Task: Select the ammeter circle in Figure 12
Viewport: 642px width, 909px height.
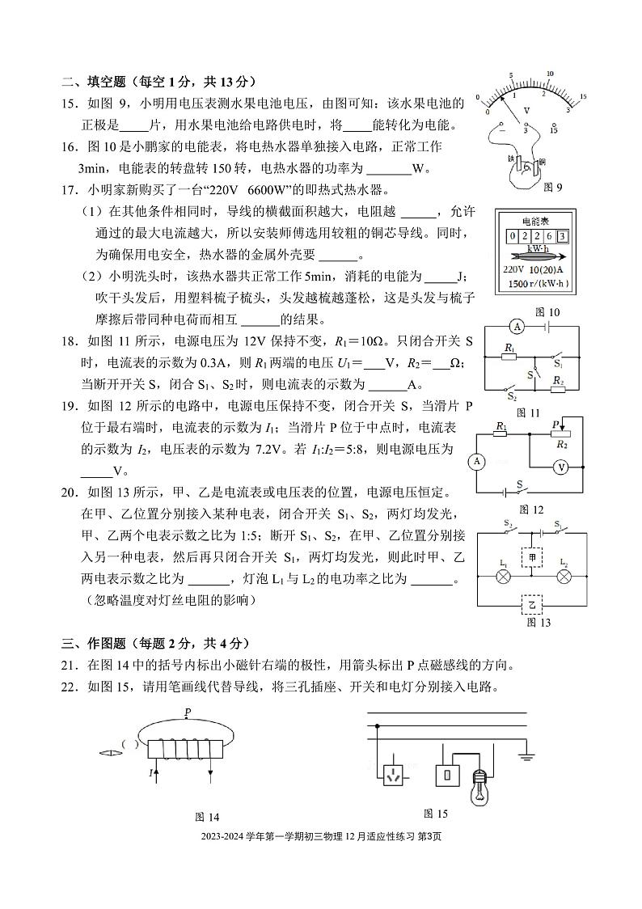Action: pos(477,461)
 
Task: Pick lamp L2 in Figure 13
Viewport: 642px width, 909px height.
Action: pos(564,576)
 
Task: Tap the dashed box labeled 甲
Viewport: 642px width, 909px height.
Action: pos(532,558)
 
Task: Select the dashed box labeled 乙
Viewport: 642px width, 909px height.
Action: pos(532,604)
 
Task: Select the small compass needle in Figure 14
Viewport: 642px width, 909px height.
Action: pos(107,753)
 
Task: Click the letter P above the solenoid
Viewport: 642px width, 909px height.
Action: pos(187,712)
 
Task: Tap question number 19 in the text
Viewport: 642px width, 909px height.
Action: pos(70,405)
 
